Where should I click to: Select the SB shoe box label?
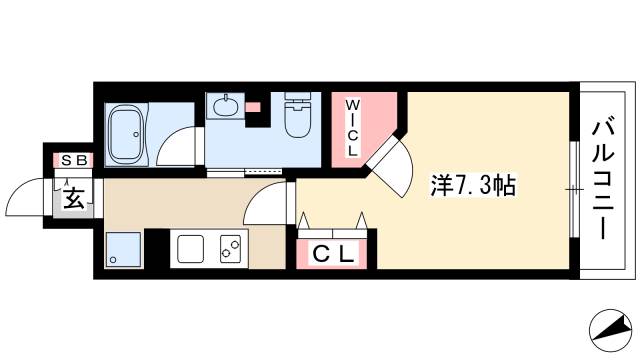click(x=74, y=160)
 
